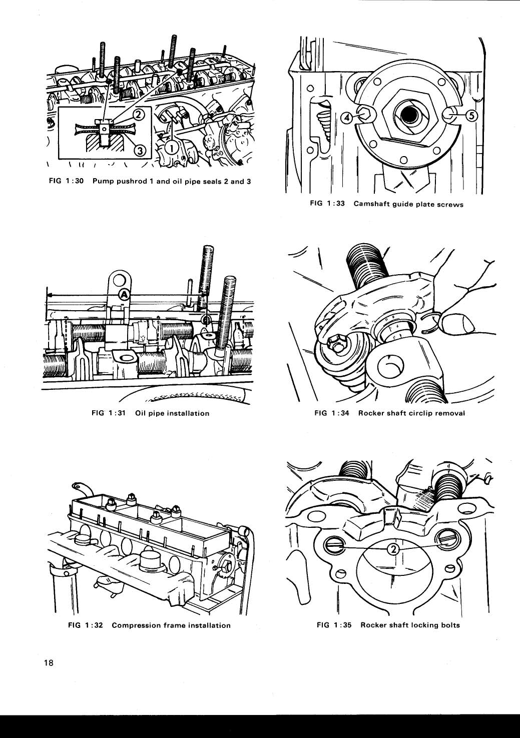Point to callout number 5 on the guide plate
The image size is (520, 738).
[471, 116]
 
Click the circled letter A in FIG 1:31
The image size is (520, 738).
[123, 294]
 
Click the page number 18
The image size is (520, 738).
[49, 663]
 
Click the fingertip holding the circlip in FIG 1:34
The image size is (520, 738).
[461, 324]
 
